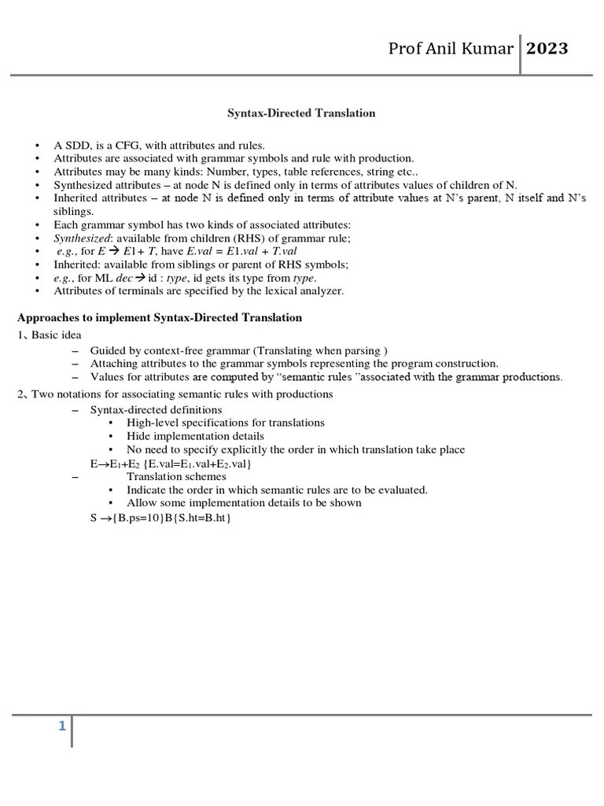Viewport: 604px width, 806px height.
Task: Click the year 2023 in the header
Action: (x=547, y=50)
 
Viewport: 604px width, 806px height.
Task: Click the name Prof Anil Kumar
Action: (x=451, y=50)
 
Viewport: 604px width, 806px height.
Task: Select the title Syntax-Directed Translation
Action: (x=301, y=113)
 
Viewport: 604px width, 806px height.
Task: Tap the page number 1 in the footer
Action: (x=61, y=727)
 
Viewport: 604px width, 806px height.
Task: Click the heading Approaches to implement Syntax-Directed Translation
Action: (x=160, y=318)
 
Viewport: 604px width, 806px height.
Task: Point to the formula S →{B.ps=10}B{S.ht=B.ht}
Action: (x=160, y=518)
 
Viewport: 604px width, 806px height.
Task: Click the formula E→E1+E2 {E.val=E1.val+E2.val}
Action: (x=171, y=464)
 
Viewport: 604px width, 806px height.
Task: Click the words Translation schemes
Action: (x=176, y=476)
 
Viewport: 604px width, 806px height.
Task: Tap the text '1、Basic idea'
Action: (x=50, y=335)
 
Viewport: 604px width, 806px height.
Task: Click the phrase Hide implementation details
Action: (x=195, y=436)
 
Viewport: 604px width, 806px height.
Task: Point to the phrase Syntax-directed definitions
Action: (x=156, y=410)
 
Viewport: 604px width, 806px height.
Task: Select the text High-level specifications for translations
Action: (x=225, y=423)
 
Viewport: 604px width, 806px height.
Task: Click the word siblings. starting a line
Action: (x=73, y=212)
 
